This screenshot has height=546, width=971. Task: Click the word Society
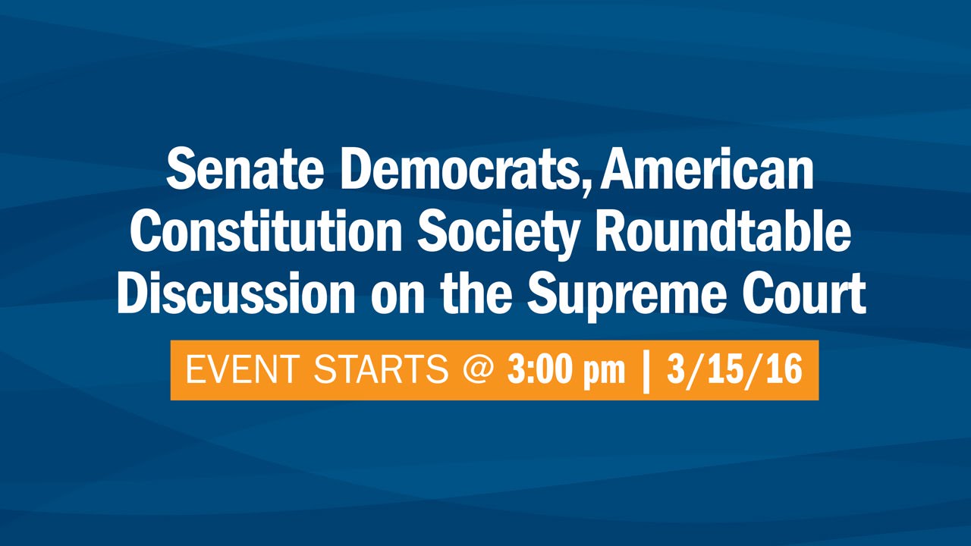click(x=498, y=235)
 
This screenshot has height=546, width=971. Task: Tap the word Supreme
click(x=627, y=297)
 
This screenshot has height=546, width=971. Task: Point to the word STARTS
click(x=382, y=369)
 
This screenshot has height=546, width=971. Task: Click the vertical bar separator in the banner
click(x=646, y=372)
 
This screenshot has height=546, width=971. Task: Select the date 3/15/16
click(x=735, y=369)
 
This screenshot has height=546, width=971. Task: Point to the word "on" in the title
click(x=398, y=298)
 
